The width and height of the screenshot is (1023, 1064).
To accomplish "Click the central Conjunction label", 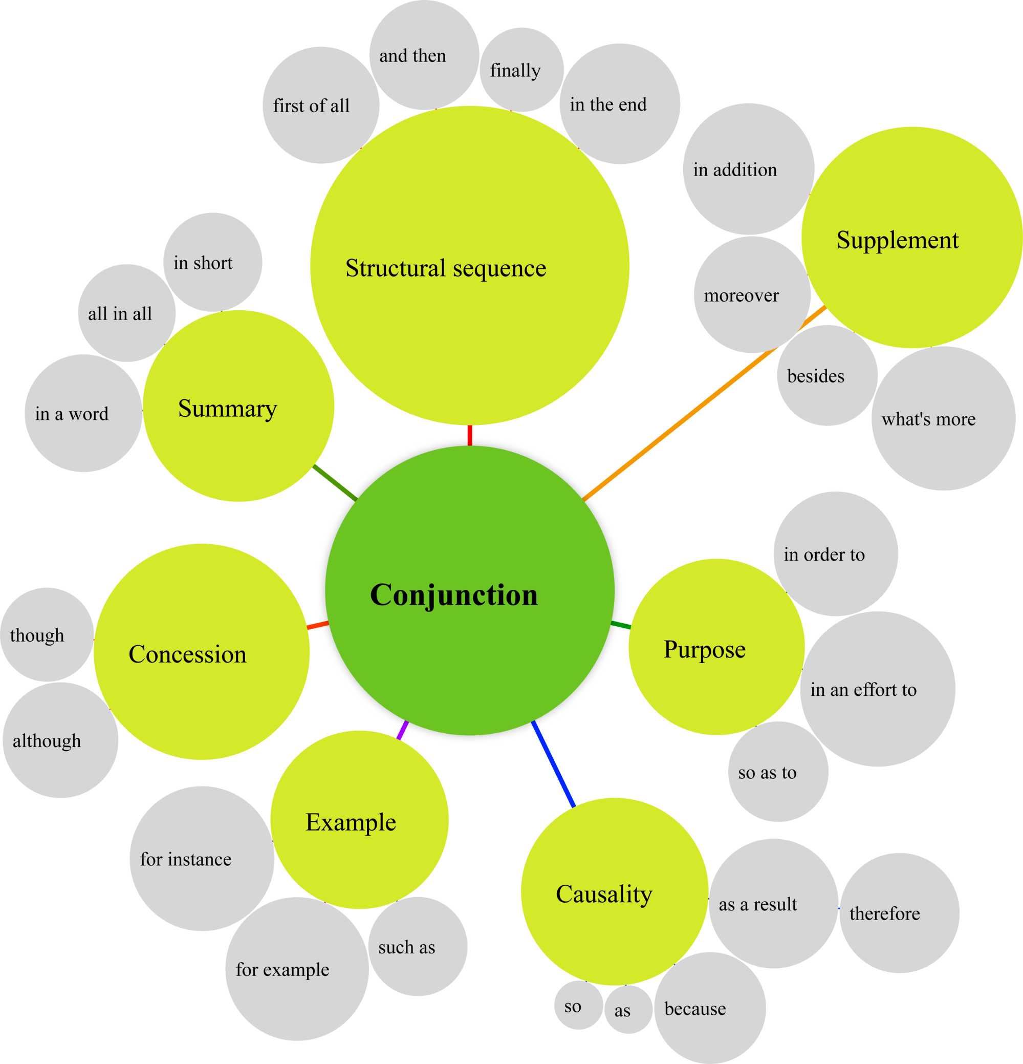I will click(x=454, y=595).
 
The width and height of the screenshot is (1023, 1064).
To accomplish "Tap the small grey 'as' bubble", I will click(x=628, y=1009).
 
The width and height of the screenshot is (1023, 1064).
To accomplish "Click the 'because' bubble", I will click(x=709, y=1008).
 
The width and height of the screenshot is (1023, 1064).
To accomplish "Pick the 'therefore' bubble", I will click(x=899, y=913).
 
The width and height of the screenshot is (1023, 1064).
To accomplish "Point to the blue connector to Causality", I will click(x=554, y=764).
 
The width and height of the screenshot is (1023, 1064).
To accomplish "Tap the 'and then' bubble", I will click(x=423, y=55).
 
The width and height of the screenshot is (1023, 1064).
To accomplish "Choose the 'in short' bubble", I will click(x=212, y=262).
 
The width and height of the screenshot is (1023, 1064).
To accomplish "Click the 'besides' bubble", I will click(x=826, y=376).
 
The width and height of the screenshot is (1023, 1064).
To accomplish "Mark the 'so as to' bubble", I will click(x=778, y=772).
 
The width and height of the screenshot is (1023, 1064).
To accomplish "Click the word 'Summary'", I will click(x=227, y=408).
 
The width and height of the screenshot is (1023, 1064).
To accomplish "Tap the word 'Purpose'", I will click(x=704, y=649).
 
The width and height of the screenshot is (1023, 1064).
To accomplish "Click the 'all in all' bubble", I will click(x=126, y=313).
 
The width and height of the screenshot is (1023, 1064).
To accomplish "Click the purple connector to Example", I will click(x=402, y=730).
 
